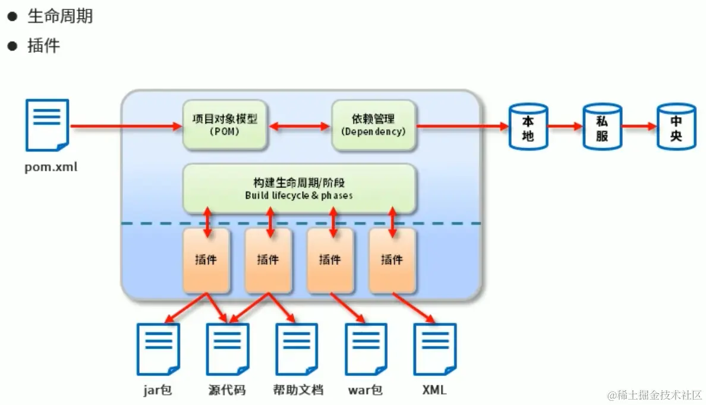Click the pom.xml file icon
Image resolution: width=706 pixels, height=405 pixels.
point(47,125)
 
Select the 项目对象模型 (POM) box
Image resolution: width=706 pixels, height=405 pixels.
point(225,125)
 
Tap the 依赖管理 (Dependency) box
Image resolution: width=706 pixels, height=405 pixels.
point(374,125)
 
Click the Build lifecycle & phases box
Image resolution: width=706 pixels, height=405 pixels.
point(299,188)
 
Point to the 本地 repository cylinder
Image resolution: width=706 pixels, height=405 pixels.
point(528,127)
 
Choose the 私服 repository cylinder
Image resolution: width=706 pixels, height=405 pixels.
point(601,127)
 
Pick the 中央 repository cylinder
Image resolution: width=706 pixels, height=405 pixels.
point(676,127)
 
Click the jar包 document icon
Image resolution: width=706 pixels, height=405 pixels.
point(158,349)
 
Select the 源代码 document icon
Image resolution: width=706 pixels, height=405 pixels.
point(228,349)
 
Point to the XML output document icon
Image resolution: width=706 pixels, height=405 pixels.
point(435,349)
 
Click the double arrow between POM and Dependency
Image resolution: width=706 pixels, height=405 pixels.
point(299,126)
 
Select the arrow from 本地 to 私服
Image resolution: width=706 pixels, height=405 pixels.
point(565,126)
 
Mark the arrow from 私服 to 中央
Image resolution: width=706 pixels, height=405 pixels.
point(638,126)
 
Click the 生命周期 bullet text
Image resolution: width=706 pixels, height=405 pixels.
point(60,16)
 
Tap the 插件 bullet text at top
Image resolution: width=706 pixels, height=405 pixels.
point(44,46)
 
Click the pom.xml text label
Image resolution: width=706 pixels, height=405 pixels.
point(51,167)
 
